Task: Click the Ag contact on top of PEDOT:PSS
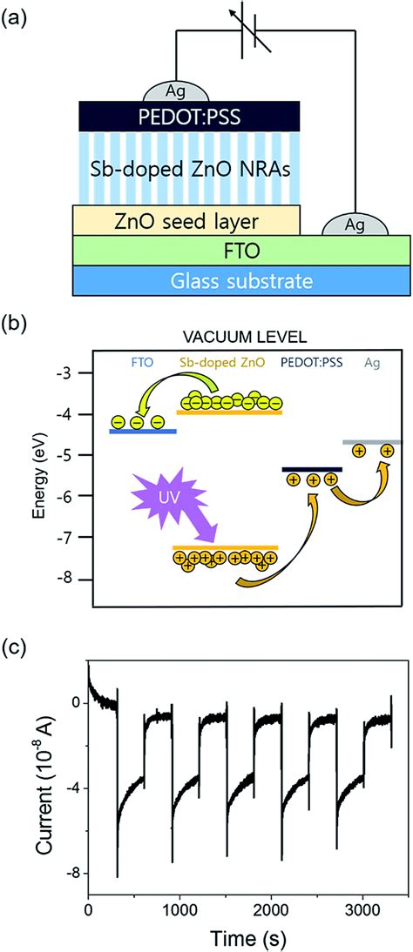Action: click(177, 91)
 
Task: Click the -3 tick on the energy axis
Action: click(75, 372)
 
